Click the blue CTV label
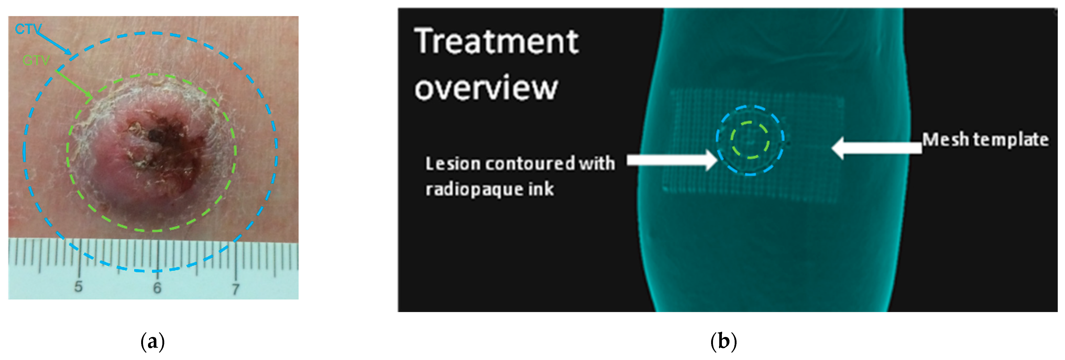pyautogui.click(x=28, y=29)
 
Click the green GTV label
pyautogui.click(x=36, y=61)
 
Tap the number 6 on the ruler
pyautogui.click(x=157, y=288)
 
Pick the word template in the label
pyautogui.click(x=1011, y=140)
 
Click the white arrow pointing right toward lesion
pyautogui.click(x=672, y=160)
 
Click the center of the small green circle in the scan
pyautogui.click(x=750, y=140)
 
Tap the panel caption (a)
pyautogui.click(x=152, y=342)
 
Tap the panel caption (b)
pyautogui.click(x=723, y=342)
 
